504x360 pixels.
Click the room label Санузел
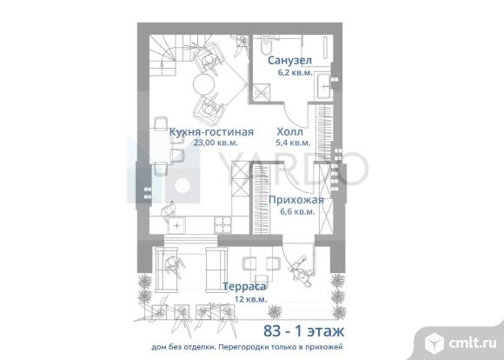point(289,60)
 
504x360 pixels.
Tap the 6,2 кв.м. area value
point(295,72)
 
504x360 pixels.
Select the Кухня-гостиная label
point(211,132)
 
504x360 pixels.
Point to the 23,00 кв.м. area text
point(216,143)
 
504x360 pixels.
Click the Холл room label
point(290,131)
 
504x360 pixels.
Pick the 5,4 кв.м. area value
point(293,143)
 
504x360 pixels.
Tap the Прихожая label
point(296,200)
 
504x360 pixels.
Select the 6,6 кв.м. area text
point(297,211)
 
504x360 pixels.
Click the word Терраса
point(244,286)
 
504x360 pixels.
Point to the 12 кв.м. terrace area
point(251,299)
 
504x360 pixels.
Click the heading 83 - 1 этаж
point(304,330)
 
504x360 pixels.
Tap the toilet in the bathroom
point(266,45)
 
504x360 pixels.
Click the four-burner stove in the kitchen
point(222,224)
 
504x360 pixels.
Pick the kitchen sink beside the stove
point(176,225)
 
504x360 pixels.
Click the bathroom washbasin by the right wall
point(323,85)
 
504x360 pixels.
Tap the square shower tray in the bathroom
point(261,93)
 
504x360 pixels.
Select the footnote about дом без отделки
point(247,348)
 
